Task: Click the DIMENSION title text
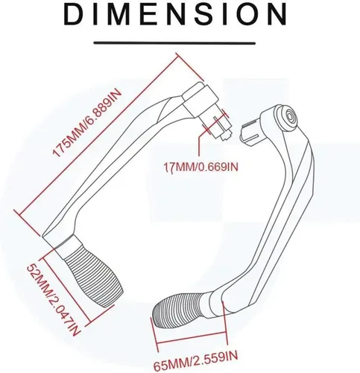point(175,13)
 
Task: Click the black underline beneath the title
point(174,43)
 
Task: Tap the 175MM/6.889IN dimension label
point(87,123)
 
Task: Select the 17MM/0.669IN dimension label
point(200,167)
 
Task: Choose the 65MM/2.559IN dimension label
point(196,360)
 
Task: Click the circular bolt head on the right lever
point(290,116)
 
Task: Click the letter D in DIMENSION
point(74,14)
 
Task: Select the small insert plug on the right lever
point(249,134)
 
